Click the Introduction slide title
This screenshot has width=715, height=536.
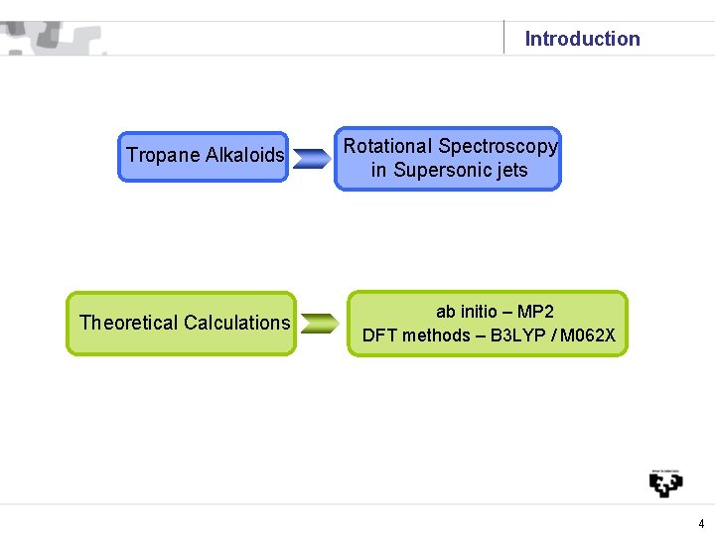point(582,39)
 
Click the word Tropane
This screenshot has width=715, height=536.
point(163,155)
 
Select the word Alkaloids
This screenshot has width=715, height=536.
point(244,155)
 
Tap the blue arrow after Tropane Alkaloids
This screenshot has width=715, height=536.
point(312,158)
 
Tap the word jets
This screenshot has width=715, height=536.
point(507,170)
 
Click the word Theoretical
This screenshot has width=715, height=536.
point(128,322)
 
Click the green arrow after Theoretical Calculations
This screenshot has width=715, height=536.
point(319,324)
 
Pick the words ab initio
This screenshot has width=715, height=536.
point(468,312)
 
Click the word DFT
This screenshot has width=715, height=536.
point(379,335)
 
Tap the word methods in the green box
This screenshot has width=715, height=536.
point(436,335)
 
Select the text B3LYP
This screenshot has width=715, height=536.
point(519,335)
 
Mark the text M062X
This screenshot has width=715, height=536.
point(588,335)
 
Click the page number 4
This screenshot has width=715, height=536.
point(701,523)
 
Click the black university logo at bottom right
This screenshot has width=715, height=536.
point(665,482)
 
